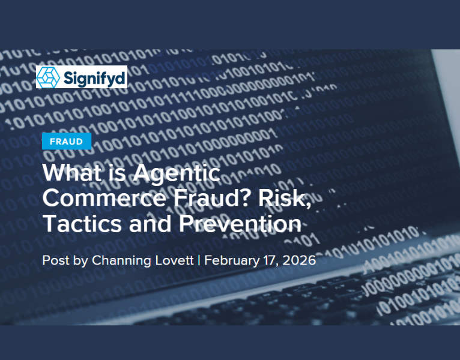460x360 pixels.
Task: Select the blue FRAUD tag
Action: coord(66,142)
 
